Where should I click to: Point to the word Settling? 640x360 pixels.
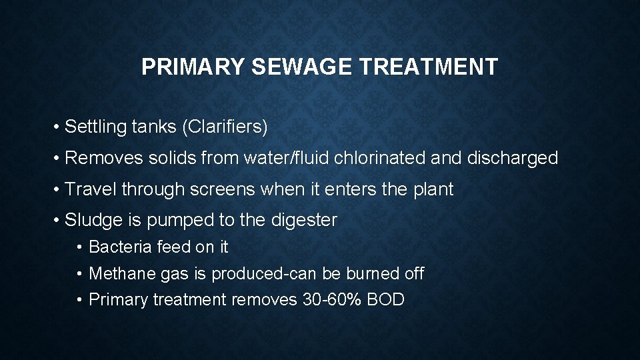(90, 127)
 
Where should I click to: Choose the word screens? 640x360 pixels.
(223, 189)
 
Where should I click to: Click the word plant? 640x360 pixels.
(433, 189)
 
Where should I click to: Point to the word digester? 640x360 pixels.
(304, 220)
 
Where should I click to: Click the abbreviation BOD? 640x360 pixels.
(386, 300)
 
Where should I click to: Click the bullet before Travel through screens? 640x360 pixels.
(59, 190)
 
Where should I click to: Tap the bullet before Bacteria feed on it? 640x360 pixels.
(79, 247)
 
